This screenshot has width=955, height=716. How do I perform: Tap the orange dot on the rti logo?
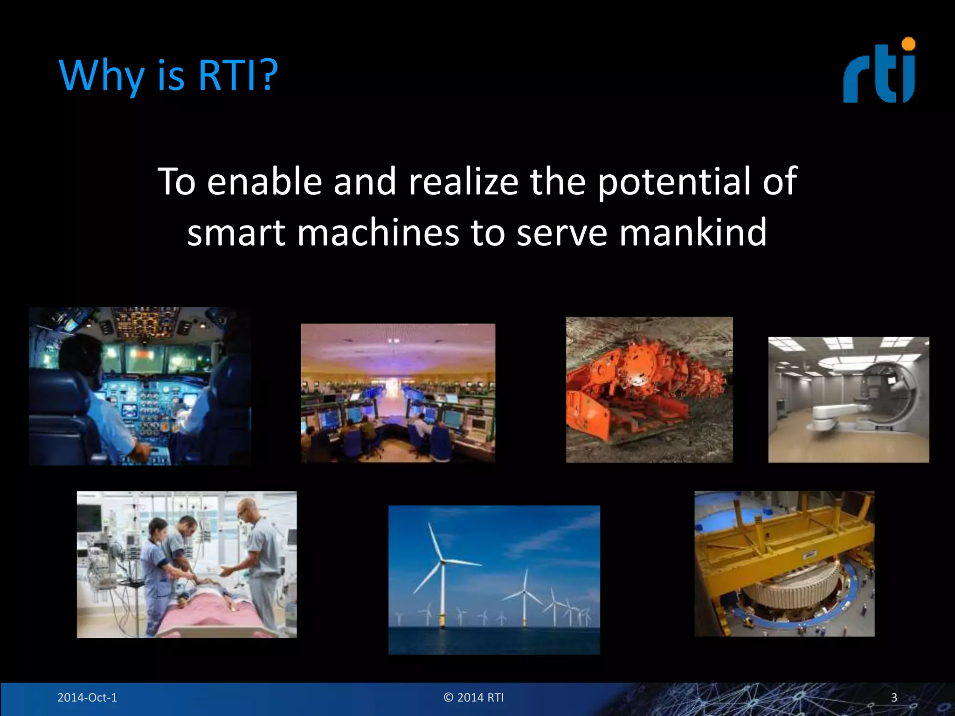908,44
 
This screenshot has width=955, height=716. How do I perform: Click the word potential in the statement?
673,182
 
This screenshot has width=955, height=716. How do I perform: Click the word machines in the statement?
378,232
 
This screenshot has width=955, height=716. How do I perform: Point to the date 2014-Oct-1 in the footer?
87,697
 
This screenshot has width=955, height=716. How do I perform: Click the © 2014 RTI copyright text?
474,697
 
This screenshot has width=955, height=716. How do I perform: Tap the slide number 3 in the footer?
894,697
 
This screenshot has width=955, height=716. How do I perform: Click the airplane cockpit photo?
140,386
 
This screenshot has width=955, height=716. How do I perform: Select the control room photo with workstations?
398,393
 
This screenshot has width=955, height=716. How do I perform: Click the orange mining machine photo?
649,390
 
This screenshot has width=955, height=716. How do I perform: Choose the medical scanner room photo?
849,399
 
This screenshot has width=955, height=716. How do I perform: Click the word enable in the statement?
264,182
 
